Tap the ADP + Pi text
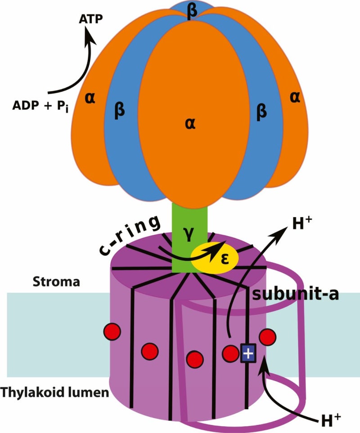[40, 106]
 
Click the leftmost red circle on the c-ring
[112, 331]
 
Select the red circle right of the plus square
[267, 336]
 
